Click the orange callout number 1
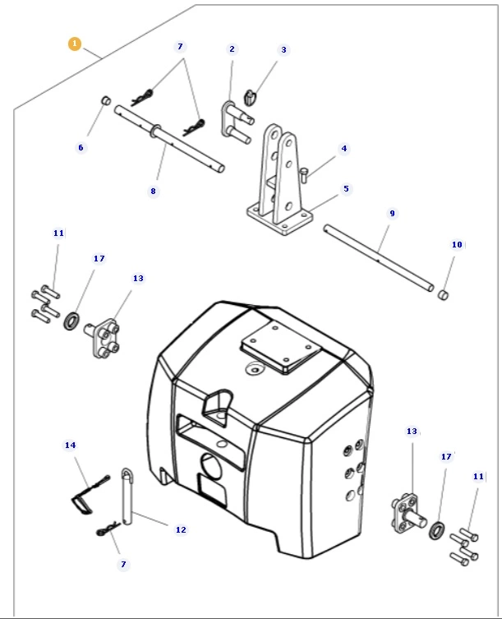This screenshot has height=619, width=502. (75, 44)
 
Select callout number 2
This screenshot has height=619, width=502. (232, 49)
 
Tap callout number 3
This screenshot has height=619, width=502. (284, 50)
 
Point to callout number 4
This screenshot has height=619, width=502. (344, 149)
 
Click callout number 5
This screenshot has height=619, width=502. (346, 189)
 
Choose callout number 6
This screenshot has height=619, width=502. (81, 148)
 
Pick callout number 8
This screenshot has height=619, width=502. (153, 191)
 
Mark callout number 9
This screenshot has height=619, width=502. (392, 214)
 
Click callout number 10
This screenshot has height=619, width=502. (457, 245)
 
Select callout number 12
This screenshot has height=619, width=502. (181, 530)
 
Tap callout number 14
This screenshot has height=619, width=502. (70, 445)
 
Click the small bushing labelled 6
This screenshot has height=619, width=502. (105, 100)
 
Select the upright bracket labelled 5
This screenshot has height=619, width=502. (279, 185)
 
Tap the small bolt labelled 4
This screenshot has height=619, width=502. (304, 173)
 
